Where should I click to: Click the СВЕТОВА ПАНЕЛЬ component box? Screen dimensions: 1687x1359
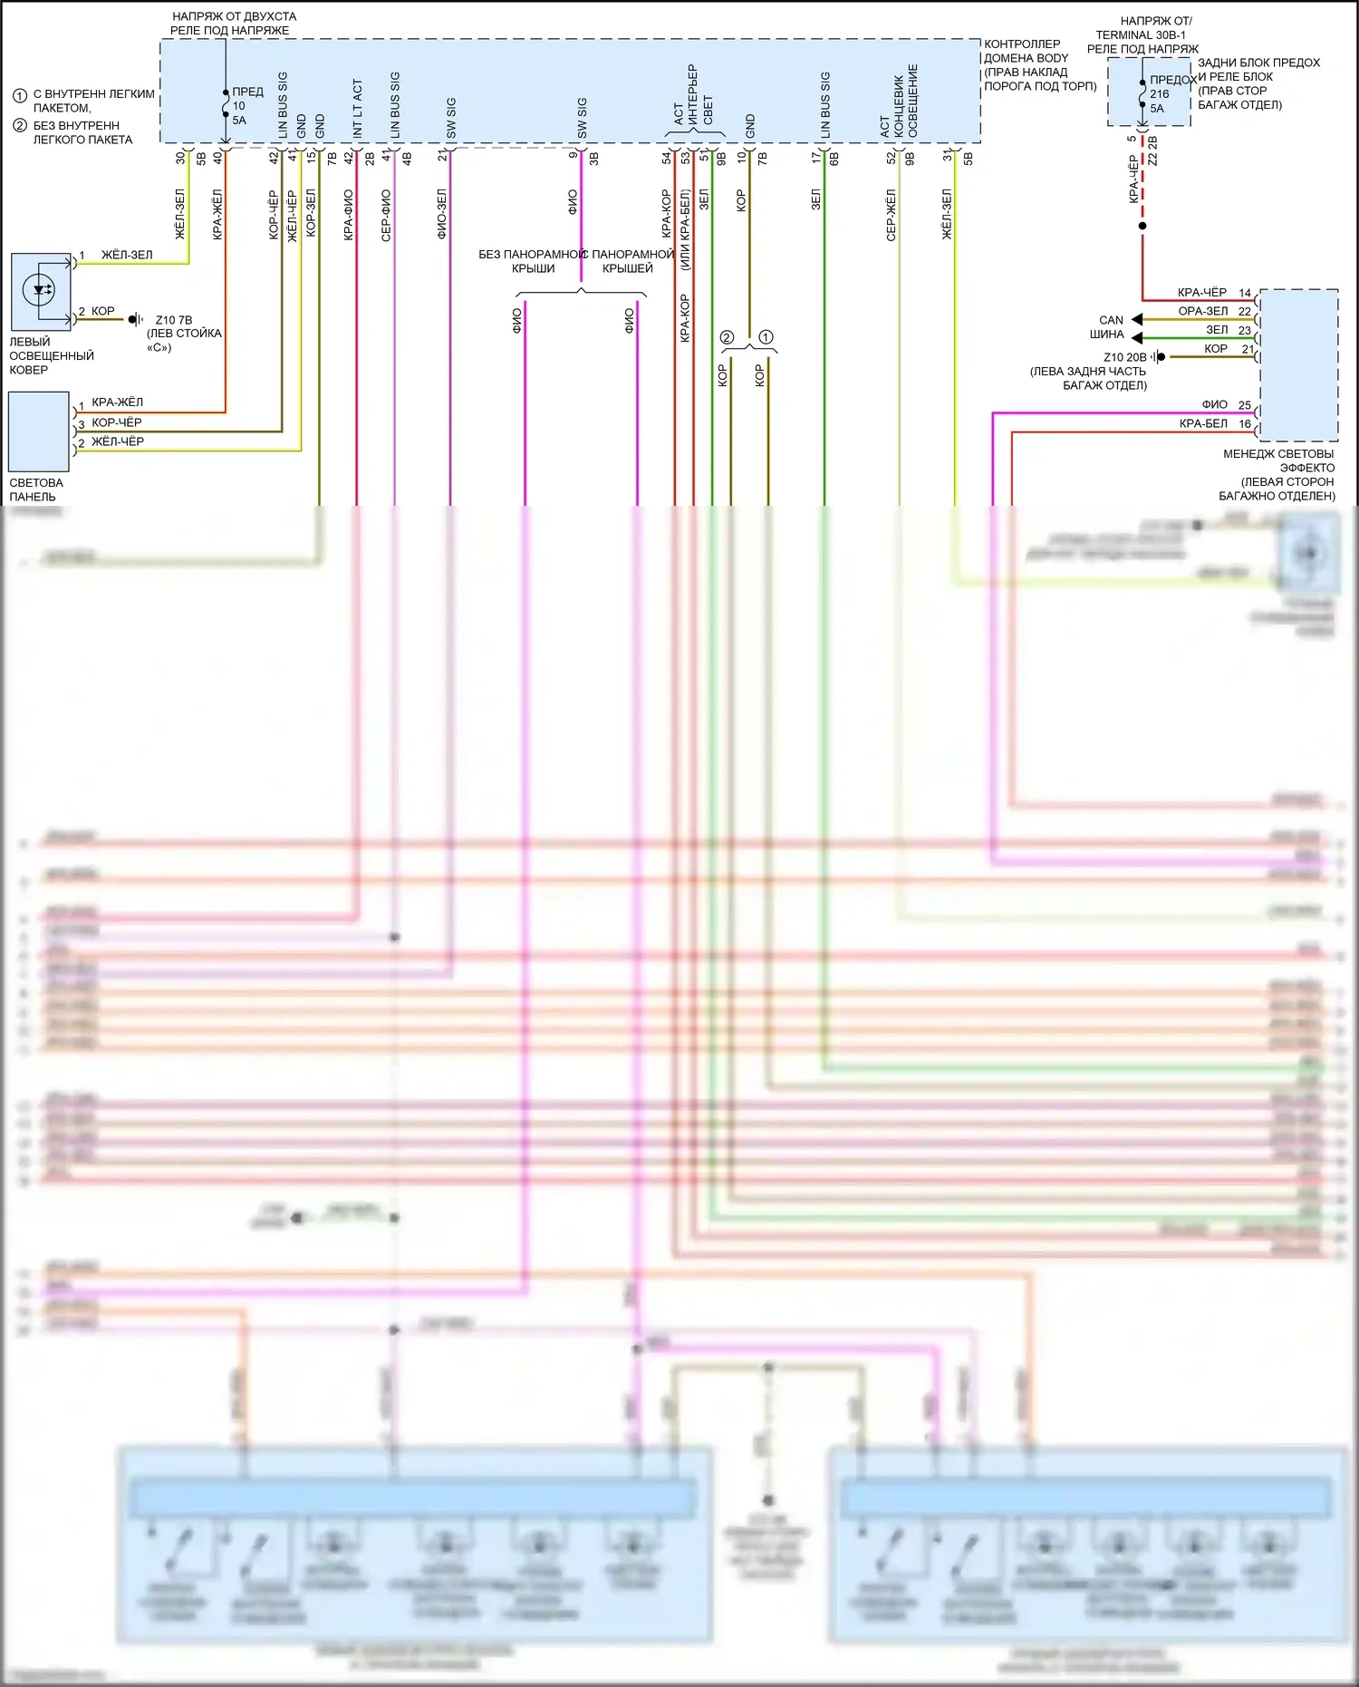(x=39, y=431)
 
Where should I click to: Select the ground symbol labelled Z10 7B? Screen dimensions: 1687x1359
(x=135, y=319)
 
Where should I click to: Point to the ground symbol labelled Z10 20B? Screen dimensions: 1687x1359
(x=1159, y=357)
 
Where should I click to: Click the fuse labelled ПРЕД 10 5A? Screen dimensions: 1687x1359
(x=226, y=104)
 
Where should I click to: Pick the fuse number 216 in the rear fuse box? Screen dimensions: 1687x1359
(x=1159, y=93)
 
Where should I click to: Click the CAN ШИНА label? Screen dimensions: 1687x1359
(x=1108, y=327)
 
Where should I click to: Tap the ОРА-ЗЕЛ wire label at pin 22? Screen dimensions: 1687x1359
(x=1202, y=311)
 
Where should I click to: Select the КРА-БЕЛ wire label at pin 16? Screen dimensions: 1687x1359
(x=1203, y=423)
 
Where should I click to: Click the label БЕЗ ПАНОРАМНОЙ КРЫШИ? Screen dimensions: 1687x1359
(x=530, y=261)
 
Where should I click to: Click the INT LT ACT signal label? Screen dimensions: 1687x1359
(x=357, y=109)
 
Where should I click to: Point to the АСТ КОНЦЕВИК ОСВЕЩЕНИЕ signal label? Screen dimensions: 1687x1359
(x=899, y=101)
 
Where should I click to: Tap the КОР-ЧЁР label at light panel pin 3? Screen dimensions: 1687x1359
(x=117, y=422)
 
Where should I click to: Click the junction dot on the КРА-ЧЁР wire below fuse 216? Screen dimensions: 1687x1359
(x=1142, y=226)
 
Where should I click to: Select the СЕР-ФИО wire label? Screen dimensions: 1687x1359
(x=386, y=215)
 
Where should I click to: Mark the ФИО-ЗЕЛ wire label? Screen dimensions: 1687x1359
(x=442, y=214)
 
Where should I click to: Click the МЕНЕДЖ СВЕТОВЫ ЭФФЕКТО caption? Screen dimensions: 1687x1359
(x=1277, y=461)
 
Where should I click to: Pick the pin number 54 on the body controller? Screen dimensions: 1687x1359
(x=667, y=158)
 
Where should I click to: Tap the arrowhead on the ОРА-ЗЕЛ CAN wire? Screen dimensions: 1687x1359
(x=1137, y=319)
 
